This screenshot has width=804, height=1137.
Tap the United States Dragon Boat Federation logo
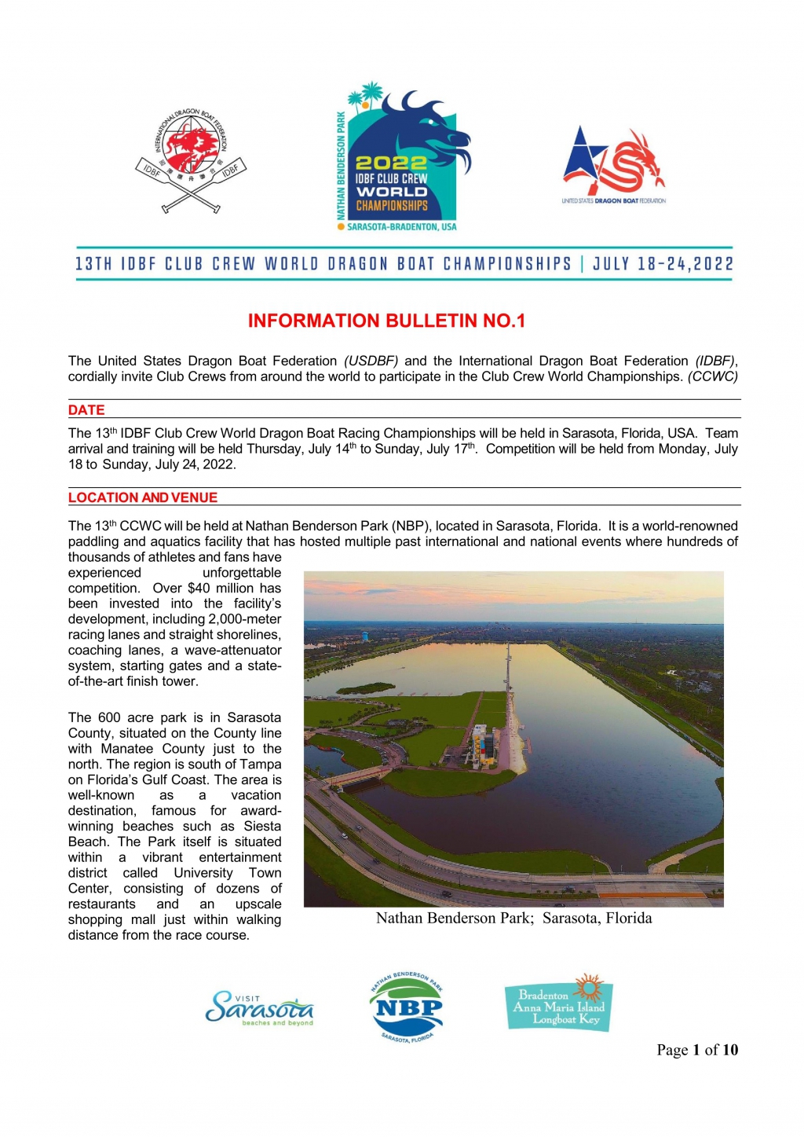[x=613, y=166]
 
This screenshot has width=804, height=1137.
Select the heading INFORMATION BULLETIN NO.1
[x=386, y=321]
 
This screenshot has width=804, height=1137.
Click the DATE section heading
[x=86, y=409]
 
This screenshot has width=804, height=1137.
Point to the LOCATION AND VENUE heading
[x=143, y=497]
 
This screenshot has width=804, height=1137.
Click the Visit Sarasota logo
[x=259, y=1008]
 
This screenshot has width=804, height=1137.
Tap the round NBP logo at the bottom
[x=406, y=1007]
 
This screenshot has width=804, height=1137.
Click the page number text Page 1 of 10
[x=697, y=1050]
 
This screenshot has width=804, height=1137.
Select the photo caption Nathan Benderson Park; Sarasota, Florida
[x=513, y=918]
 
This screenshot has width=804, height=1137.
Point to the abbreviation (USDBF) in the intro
[x=371, y=361]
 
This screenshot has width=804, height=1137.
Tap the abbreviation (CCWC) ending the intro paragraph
[x=713, y=376]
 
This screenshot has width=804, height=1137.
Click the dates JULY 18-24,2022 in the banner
[x=663, y=263]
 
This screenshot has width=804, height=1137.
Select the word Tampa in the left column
[x=263, y=764]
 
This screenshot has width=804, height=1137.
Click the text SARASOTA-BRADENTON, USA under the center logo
[x=401, y=227]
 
